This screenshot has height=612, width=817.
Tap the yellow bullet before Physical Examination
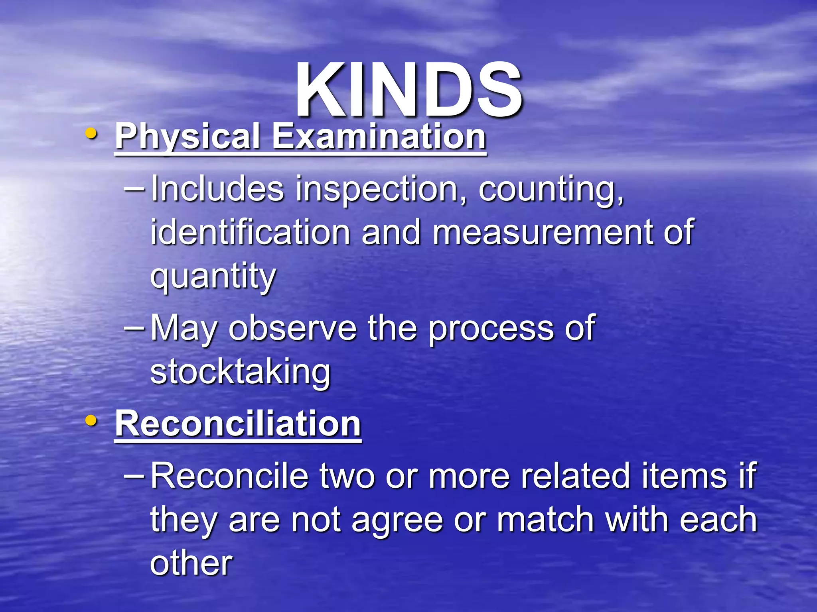[92, 134]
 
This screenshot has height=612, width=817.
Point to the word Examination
[379, 137]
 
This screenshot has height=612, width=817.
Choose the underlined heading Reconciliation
[238, 424]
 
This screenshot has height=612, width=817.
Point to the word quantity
[213, 276]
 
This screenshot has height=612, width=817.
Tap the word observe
[292, 328]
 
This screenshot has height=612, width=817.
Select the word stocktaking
[240, 372]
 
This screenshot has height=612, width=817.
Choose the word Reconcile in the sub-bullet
[229, 476]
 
